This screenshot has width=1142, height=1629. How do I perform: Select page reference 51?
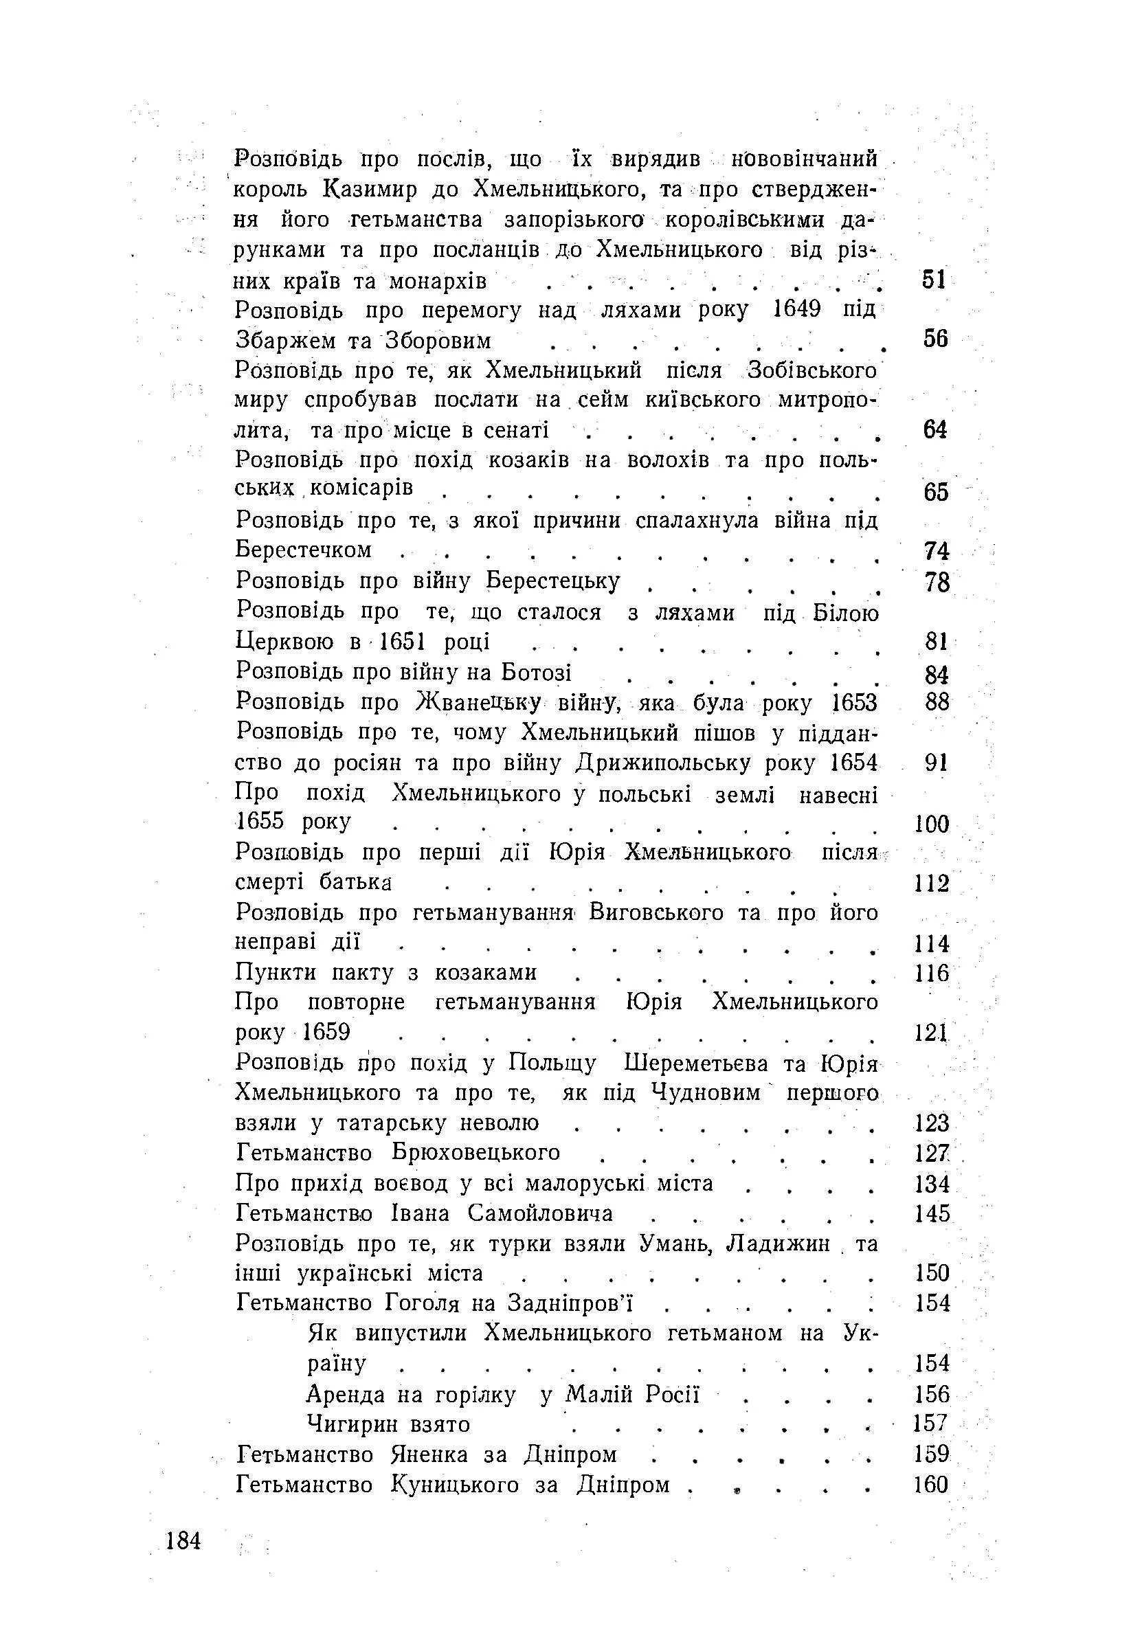[934, 280]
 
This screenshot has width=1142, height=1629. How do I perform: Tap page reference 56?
[934, 339]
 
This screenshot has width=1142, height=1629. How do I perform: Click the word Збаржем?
[283, 341]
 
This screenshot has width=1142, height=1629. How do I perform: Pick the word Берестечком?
[304, 550]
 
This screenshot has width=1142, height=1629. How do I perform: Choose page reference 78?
[937, 582]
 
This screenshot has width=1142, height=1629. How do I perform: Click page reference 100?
[931, 824]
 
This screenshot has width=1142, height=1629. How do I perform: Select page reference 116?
[932, 973]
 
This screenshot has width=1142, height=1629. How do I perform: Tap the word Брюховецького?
[475, 1153]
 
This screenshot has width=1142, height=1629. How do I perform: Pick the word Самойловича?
[540, 1213]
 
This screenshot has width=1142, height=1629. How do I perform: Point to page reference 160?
[931, 1484]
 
